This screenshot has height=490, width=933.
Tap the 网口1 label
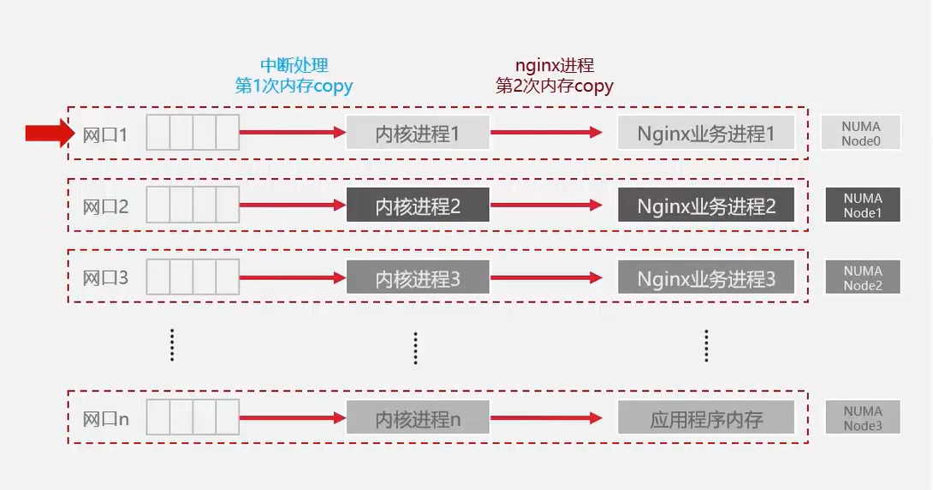point(105,134)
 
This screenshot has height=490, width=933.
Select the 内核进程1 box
point(418,134)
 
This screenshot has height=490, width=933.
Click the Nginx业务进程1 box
point(706,134)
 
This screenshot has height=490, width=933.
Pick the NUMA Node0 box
point(862,133)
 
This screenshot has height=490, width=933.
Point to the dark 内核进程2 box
point(418,206)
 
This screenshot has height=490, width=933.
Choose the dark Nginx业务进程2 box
point(706,206)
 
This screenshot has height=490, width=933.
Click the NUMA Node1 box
point(862,205)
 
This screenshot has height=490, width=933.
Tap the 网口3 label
point(105,278)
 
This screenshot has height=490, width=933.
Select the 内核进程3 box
point(418,278)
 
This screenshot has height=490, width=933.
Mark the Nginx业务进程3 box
point(706,278)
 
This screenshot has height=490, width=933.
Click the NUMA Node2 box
point(862,278)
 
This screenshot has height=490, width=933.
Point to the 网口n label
point(105,420)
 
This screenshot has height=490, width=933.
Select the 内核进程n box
point(418,419)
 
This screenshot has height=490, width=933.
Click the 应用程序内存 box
point(706,419)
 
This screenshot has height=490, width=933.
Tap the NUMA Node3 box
point(862,418)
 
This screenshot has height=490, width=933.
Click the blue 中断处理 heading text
point(294,66)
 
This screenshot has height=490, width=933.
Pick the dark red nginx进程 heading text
point(555,66)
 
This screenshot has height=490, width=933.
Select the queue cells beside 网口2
point(193,206)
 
